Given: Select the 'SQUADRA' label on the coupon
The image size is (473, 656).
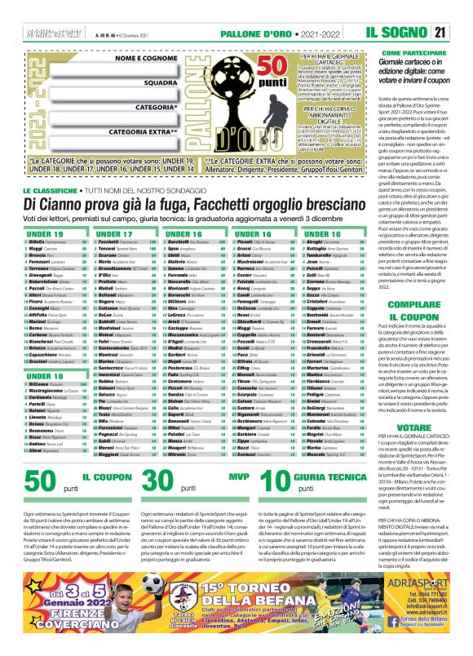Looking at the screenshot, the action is pos(168,82).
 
